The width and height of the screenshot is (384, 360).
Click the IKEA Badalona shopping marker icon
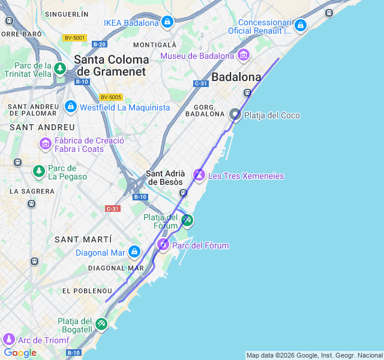167,23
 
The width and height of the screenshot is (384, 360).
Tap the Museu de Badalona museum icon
243,56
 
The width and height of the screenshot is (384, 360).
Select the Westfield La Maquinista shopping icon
70,107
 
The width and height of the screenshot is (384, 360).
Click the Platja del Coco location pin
235,114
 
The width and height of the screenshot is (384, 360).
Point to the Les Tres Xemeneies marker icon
199,175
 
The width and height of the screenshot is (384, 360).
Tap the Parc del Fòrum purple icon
163,245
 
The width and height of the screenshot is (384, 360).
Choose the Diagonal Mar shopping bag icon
134,252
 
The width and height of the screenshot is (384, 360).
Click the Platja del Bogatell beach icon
101,325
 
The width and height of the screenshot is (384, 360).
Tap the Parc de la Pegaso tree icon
39,172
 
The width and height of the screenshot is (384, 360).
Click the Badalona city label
236,77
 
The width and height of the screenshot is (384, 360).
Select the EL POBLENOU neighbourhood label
87,290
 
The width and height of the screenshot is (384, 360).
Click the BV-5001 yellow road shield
74,38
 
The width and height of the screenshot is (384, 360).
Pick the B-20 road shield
100,44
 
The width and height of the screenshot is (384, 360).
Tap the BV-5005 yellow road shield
111,97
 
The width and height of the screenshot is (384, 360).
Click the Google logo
20,353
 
